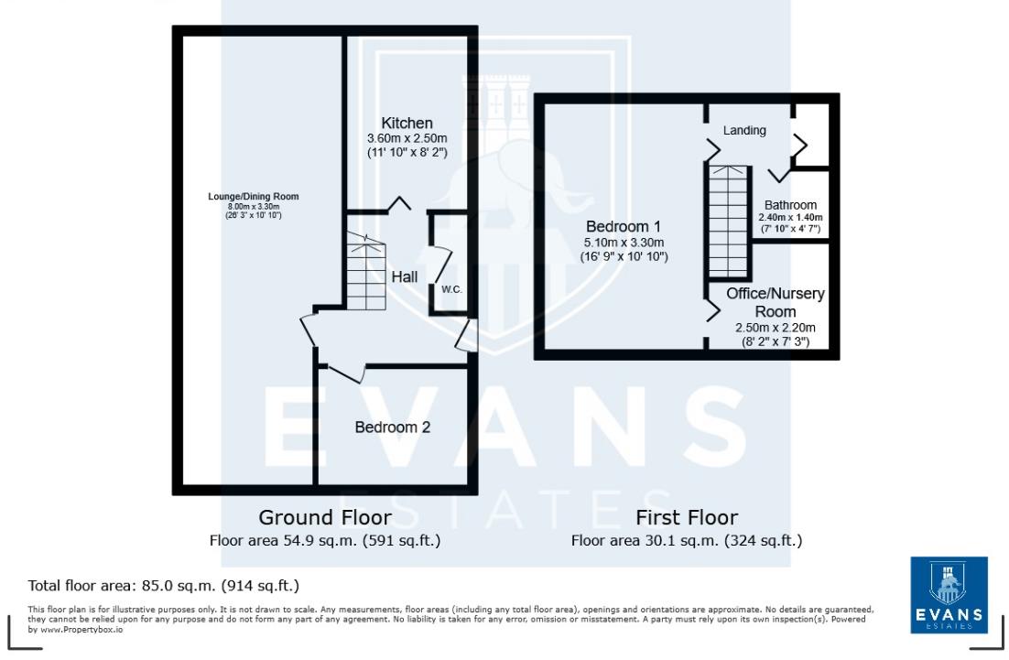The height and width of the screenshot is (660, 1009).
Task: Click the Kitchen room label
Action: point(407,124)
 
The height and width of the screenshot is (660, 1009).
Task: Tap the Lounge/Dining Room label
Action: point(253,197)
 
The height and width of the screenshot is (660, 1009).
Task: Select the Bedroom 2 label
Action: point(393,427)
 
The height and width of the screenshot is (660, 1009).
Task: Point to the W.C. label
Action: point(451,289)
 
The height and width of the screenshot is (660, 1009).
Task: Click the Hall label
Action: point(404,276)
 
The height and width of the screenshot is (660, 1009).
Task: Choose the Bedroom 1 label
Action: point(624,226)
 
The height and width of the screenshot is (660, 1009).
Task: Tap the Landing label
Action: point(744,131)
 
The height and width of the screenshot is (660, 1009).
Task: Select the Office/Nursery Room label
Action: point(776,302)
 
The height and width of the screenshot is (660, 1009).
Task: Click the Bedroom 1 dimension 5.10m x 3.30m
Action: point(624,243)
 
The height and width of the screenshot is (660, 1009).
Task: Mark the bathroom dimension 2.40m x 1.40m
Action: point(788,217)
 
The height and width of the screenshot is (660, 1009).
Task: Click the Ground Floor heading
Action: point(325,517)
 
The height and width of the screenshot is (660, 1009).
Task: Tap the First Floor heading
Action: point(687,517)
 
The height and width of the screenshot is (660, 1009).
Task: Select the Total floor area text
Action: point(164,585)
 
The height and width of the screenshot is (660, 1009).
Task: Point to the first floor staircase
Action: point(729,222)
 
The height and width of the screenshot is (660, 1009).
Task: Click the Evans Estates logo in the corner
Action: point(949,595)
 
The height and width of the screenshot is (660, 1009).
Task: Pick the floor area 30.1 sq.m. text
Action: point(687,540)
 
